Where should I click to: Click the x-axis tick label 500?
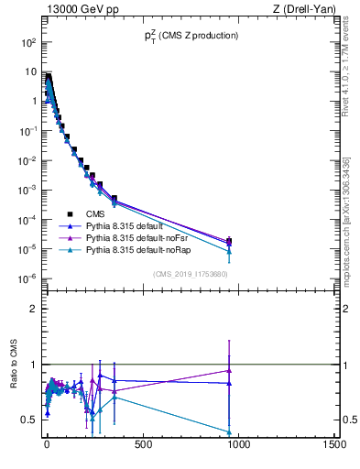(143, 446)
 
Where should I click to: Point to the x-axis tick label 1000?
(239, 446)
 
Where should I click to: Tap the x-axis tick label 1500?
(335, 446)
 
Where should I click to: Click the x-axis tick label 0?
(47, 446)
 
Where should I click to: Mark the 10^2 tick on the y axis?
(27, 43)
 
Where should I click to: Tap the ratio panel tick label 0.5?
(28, 420)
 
